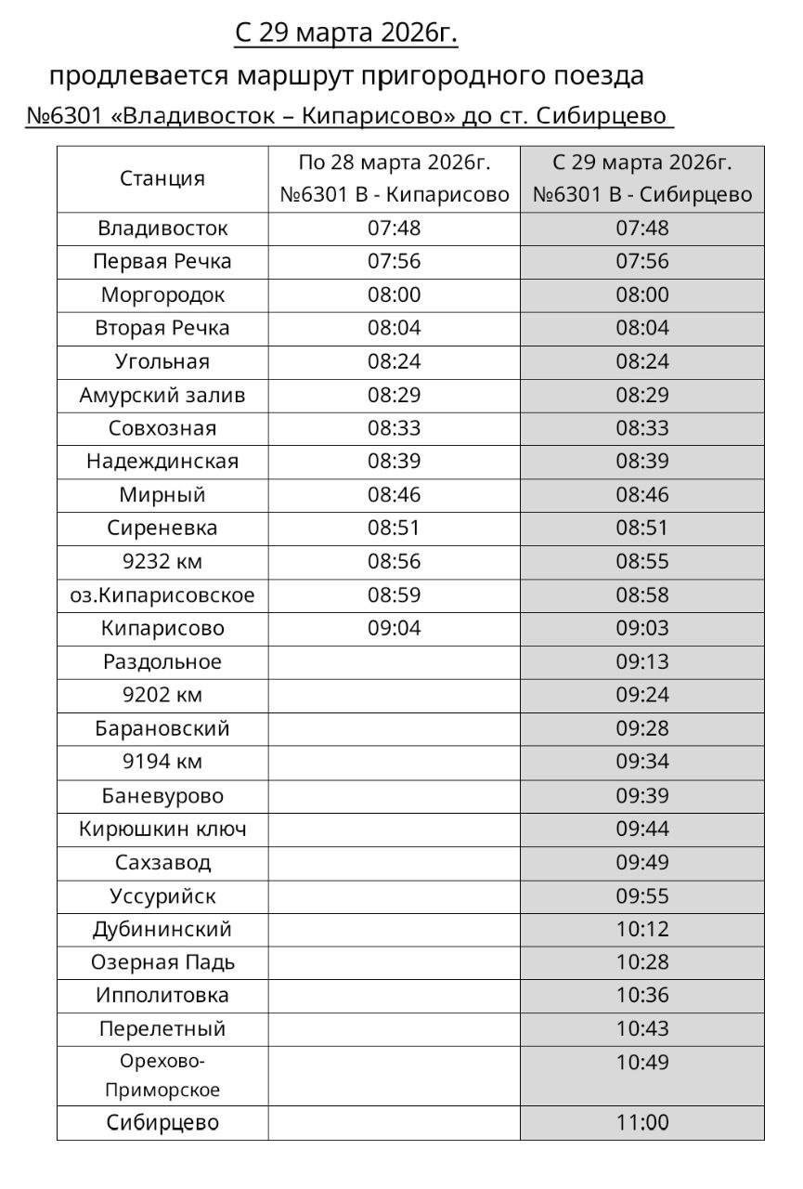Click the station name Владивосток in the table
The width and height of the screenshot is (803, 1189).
[162, 229]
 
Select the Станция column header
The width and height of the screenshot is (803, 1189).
[162, 178]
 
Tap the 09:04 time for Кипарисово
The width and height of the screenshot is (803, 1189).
[394, 629]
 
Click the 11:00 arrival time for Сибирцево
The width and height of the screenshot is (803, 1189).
[641, 1123]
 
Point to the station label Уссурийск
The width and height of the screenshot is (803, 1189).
[162, 896]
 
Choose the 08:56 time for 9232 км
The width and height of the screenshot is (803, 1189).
[394, 562]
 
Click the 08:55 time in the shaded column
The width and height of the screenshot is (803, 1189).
[641, 562]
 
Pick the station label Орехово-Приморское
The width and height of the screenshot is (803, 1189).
[162, 1076]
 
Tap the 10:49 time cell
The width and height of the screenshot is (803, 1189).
[641, 1063]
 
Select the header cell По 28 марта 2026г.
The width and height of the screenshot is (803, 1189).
[394, 163]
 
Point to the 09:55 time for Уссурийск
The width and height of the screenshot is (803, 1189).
[641, 896]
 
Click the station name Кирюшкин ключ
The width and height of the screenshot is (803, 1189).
[162, 830]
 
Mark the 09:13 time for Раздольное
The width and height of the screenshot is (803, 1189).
[641, 662]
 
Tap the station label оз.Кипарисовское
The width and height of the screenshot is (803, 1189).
[162, 595]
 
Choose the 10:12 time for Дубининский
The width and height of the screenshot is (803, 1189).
[641, 930]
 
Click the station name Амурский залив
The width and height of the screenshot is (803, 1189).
[162, 396]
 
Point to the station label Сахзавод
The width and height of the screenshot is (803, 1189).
[162, 863]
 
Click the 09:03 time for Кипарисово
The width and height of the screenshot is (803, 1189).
[641, 629]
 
